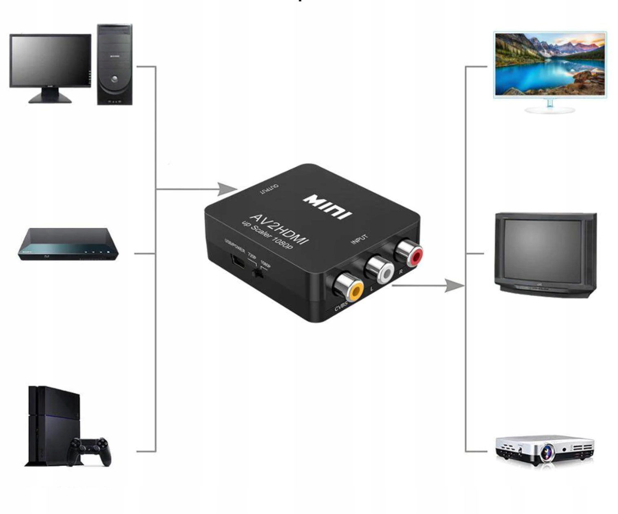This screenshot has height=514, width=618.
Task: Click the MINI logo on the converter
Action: [x=328, y=206]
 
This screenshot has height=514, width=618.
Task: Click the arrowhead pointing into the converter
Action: [x=226, y=189]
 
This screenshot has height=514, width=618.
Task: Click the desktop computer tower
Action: [x=115, y=64]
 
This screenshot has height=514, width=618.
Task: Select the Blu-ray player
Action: [x=68, y=244]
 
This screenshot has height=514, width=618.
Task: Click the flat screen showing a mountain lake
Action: [x=550, y=64]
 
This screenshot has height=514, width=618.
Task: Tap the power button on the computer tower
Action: [x=115, y=79]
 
